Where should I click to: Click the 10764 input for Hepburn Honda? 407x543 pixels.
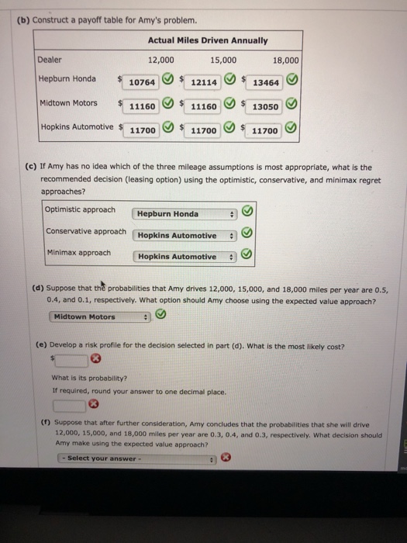click(142, 81)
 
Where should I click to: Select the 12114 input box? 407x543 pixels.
click(203, 81)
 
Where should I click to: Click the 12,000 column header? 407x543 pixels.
click(160, 59)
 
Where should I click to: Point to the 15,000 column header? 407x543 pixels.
click(223, 59)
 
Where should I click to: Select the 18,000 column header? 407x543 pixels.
click(286, 60)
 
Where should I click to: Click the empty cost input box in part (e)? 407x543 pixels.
click(70, 360)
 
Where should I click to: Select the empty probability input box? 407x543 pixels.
click(70, 404)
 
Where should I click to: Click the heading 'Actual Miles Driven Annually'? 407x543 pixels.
click(208, 40)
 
